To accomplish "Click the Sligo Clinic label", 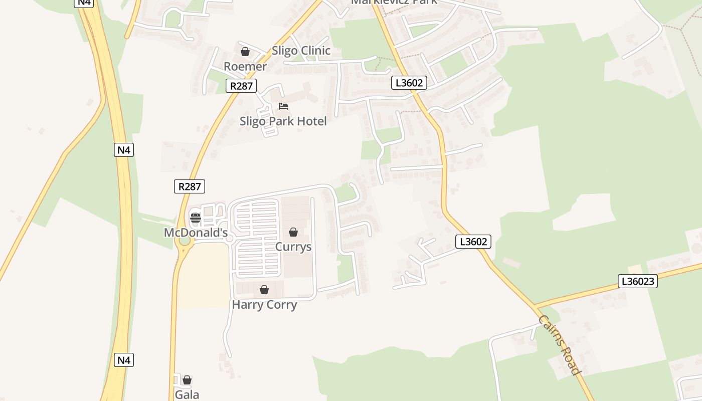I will click(301, 51).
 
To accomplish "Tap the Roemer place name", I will click(245, 66).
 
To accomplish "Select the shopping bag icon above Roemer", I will click(245, 52).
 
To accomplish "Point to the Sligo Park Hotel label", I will click(283, 121).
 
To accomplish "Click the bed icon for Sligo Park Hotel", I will click(283, 106).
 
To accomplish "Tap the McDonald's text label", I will click(196, 233).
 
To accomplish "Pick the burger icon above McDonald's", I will click(196, 218).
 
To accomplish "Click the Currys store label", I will click(293, 247).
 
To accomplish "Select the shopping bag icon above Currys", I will click(293, 232).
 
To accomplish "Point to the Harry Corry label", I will click(264, 304).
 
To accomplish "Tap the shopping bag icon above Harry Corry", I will click(264, 290).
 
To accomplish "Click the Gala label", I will click(187, 394).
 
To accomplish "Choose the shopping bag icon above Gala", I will click(187, 380).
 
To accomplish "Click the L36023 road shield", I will click(637, 281).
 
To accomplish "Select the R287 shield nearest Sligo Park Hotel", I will click(241, 86).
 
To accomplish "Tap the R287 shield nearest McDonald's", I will click(190, 186).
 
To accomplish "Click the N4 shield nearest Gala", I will click(124, 359).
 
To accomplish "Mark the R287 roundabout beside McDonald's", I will click(185, 241).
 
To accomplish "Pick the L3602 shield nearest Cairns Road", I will click(473, 242).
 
